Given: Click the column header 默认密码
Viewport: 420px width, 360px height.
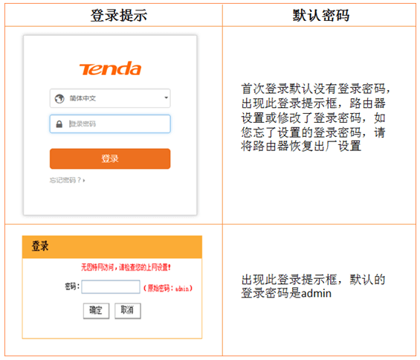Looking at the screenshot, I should pos(321,15).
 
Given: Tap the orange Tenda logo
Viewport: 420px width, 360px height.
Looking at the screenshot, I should pos(110,69).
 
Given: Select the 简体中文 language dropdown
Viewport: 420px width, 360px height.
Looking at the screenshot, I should pos(110,98).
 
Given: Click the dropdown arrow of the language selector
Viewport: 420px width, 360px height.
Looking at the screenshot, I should pos(166,98).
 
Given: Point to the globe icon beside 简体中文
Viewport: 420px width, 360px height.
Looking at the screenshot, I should pos(59,98).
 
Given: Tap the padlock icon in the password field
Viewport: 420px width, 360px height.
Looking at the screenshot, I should pos(58,123).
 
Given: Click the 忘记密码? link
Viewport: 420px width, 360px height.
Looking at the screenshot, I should pos(67,180).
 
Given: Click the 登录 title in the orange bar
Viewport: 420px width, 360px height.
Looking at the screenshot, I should pos(40,246).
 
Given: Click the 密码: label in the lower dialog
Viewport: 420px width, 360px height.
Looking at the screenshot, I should pos(71,286).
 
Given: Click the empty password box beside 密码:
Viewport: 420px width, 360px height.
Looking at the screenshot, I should pos(110,286).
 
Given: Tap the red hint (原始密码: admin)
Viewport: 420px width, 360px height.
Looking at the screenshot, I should pos(168,287).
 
